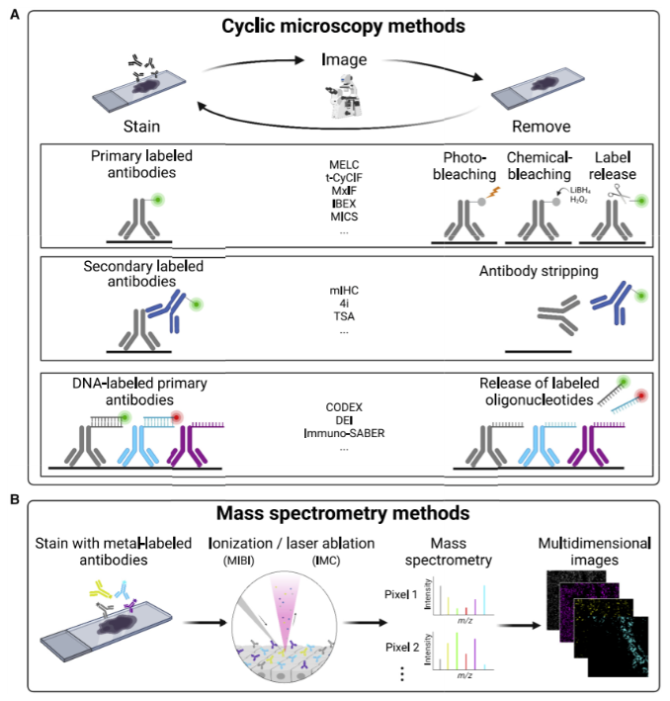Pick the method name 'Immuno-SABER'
[x=339, y=432]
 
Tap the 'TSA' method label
[x=339, y=317]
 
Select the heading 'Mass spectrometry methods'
[x=335, y=515]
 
